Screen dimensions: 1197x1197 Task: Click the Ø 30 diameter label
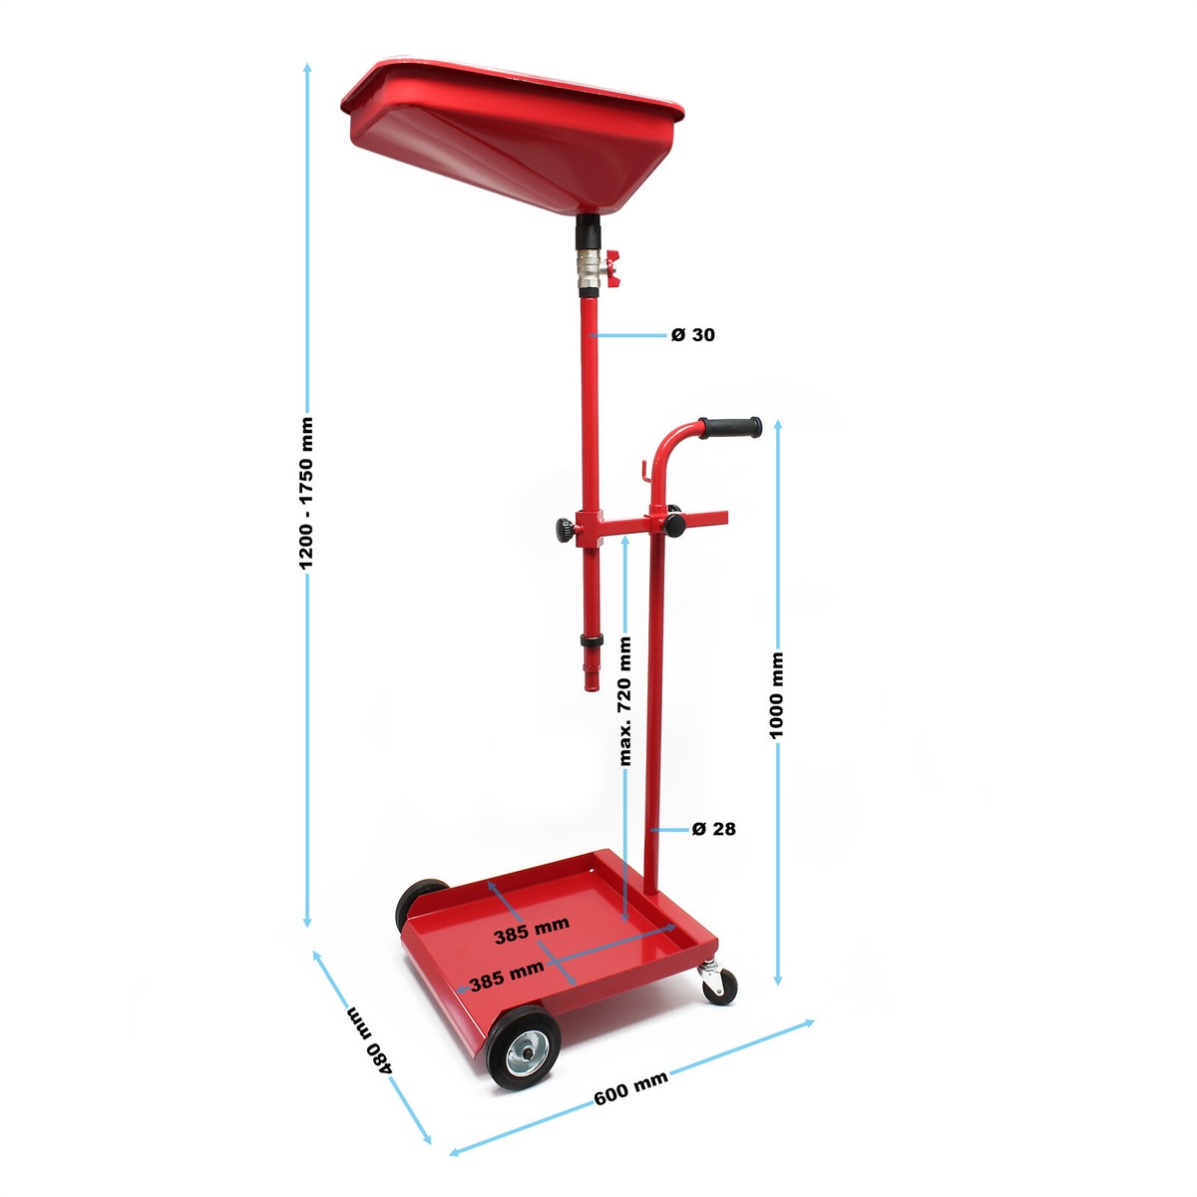coord(692,335)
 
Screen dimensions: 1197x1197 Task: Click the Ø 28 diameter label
coord(714,829)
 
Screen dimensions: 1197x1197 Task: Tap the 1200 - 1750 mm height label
coord(306,493)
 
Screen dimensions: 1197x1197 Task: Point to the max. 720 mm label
coord(624,701)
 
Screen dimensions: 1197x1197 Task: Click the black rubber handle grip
coord(730,428)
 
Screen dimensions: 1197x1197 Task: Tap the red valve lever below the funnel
coord(613,269)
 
